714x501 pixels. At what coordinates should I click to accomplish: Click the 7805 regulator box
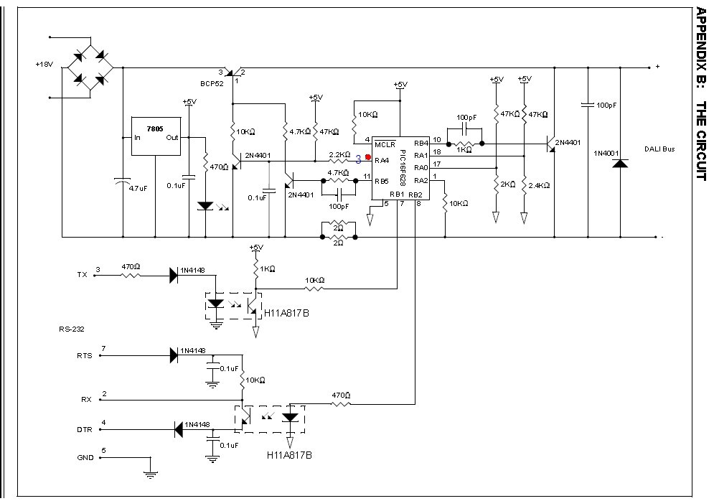coord(156,136)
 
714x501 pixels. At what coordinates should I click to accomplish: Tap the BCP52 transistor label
coord(212,84)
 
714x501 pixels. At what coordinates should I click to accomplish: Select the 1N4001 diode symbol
coord(620,163)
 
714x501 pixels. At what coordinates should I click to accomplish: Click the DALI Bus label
coord(659,149)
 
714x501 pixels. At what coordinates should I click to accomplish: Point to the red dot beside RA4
coord(368,157)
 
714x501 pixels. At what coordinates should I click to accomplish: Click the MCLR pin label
coord(385,145)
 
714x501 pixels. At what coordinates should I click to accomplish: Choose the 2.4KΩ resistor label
coord(539,185)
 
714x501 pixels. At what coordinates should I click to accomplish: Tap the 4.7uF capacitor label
coord(138,188)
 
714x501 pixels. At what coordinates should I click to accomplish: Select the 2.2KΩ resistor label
coord(339,155)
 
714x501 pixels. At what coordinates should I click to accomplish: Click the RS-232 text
coord(72,329)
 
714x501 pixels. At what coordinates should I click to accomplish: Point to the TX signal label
coord(82,275)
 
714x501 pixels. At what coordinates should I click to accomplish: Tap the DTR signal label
coord(84,429)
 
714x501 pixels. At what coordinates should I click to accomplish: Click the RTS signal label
coord(84,356)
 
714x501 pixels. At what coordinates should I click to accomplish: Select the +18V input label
coord(44,64)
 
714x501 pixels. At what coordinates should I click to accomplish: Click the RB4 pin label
coord(421,143)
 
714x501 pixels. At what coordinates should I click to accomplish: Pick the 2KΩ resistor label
coord(508,184)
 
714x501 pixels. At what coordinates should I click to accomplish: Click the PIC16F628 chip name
coord(403,167)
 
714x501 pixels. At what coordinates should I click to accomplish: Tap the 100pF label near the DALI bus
coord(606,106)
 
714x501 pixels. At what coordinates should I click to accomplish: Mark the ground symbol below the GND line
coord(151,474)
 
